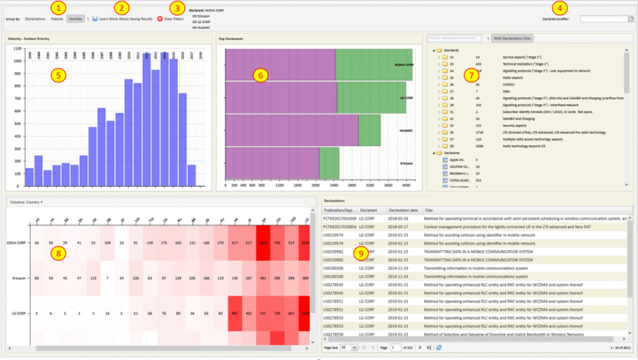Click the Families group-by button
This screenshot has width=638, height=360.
tap(75, 19)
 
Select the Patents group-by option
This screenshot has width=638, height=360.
tap(57, 19)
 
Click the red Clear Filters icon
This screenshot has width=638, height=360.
tap(160, 19)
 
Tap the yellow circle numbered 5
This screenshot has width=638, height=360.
tap(59, 75)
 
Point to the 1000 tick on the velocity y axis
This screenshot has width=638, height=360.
tap(18, 70)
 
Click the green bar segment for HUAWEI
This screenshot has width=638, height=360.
tap(369, 131)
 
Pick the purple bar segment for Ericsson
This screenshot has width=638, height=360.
tap(271, 163)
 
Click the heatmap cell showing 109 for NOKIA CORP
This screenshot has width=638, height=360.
tap(108, 242)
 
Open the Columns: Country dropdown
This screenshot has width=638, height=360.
tap(26, 202)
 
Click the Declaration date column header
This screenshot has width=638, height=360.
tap(403, 211)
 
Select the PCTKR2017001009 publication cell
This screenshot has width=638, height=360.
tap(340, 219)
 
